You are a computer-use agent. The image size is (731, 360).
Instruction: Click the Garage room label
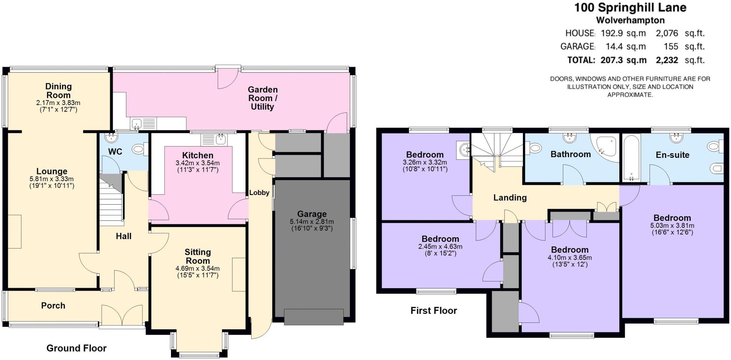[312, 214]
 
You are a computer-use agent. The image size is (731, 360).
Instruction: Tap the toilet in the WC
[138, 150]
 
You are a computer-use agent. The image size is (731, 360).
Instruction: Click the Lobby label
[259, 193]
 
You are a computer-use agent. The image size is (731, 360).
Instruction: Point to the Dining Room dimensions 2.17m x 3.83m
[58, 103]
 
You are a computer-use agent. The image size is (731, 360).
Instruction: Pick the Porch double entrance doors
[122, 314]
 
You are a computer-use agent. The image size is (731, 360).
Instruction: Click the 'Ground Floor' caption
[76, 348]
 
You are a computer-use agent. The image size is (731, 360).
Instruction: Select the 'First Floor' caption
[434, 311]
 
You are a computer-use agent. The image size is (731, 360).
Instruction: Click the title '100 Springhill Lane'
[630, 7]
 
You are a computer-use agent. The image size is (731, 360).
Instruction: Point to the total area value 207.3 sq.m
[623, 60]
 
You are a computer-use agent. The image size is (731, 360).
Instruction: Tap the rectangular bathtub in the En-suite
[631, 157]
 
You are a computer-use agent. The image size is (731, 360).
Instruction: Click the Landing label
[510, 197]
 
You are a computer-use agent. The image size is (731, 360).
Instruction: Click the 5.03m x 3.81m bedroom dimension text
[672, 226]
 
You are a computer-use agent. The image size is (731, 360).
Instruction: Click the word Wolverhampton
[630, 20]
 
